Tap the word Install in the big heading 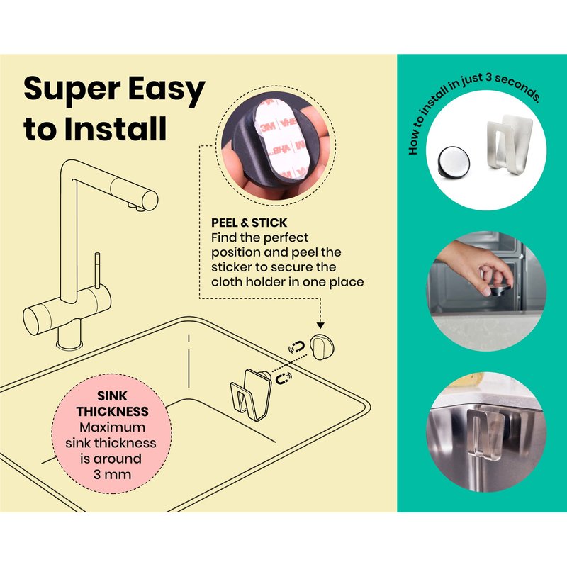click(116, 129)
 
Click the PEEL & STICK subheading click(249, 223)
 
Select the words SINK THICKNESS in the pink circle click(112, 403)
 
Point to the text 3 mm click(112, 474)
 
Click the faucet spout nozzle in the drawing click(148, 201)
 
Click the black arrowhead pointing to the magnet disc click(320, 326)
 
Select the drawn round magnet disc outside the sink click(322, 347)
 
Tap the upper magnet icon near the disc click(297, 347)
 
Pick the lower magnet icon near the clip click(284, 378)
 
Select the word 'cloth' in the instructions click(225, 281)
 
